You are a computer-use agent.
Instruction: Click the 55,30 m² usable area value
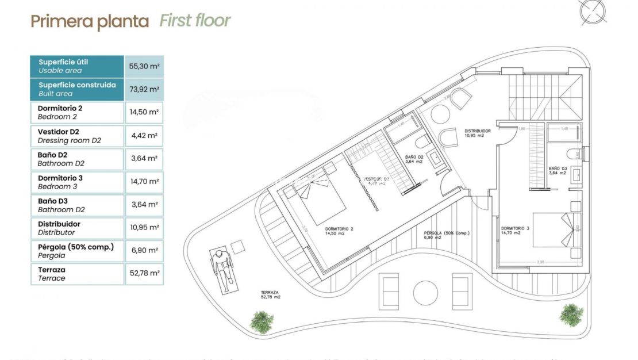[144, 66]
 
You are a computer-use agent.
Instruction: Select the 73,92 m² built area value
[144, 89]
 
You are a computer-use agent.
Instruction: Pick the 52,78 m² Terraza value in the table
[144, 273]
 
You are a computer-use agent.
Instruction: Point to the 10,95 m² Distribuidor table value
[144, 227]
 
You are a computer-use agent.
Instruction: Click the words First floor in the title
[195, 21]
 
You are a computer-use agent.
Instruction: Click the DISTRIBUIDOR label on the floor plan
[478, 133]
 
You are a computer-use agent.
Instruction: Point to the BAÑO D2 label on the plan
[414, 159]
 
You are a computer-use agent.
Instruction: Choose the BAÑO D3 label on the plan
[558, 171]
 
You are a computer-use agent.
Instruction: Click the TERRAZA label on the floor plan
[270, 294]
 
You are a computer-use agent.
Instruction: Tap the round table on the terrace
[425, 292]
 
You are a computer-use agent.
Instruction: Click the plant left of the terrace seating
[262, 321]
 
